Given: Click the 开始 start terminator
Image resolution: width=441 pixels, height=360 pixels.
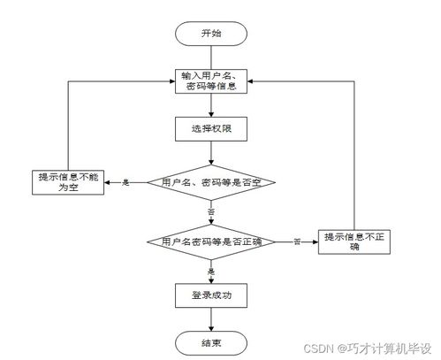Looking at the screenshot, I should coord(209,33).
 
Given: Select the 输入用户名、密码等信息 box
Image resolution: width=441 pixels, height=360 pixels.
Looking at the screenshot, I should coord(209,80).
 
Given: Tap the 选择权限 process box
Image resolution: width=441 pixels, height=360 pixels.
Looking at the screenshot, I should coord(209,130).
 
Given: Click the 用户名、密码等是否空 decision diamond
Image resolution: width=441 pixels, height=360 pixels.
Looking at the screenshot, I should coord(210,182).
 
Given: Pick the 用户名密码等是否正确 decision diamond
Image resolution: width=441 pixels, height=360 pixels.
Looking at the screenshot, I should coord(210,241).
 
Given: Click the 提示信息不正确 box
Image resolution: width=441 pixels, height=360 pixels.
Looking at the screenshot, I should coord(353,241).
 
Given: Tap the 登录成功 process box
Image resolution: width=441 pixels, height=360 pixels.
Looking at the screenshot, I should coord(209,293).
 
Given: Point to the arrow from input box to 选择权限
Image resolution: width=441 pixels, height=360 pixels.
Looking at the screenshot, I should coord(209,105).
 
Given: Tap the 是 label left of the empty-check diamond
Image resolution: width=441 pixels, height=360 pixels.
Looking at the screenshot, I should coord(125,182).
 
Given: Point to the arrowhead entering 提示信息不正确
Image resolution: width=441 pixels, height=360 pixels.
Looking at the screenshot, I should coord(316,241).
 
